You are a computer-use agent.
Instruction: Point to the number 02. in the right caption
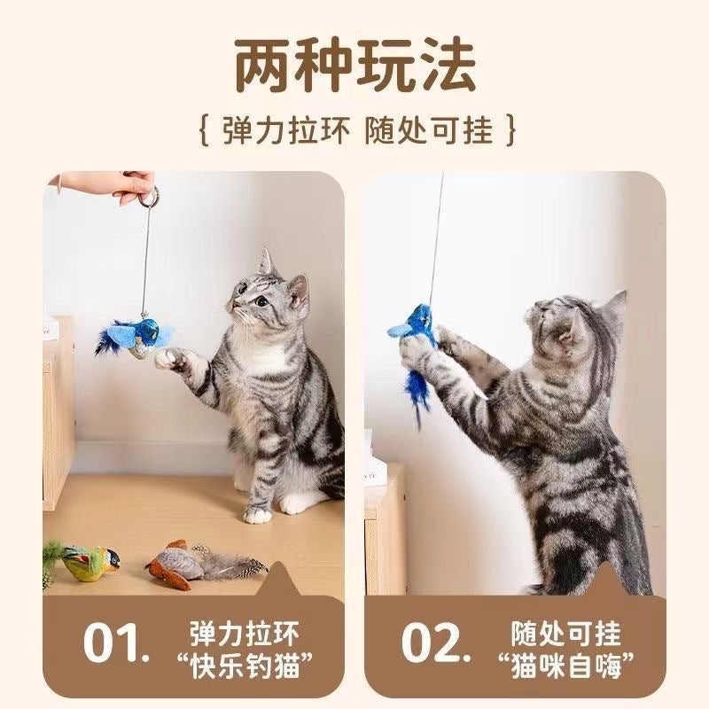pos(433,643)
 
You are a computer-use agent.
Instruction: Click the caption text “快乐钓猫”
pos(245,662)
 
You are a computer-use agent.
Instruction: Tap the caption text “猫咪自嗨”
pos(565,662)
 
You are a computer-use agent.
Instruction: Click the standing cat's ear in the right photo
pos(613,306)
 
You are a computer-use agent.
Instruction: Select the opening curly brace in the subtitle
pos(203,131)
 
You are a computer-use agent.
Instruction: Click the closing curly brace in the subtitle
pos(509,131)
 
